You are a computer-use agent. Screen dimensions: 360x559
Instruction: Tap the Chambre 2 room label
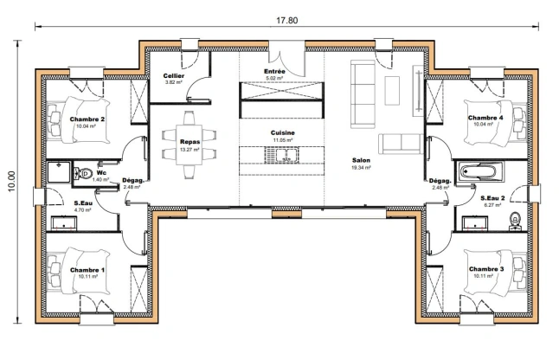[87, 121]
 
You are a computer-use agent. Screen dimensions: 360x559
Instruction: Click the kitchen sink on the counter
[282, 156]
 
